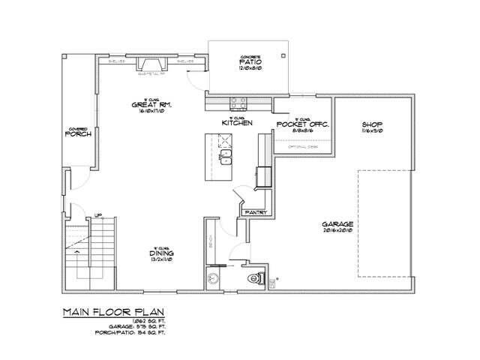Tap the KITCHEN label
point(236,122)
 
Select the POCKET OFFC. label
point(303,124)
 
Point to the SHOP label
point(373,124)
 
